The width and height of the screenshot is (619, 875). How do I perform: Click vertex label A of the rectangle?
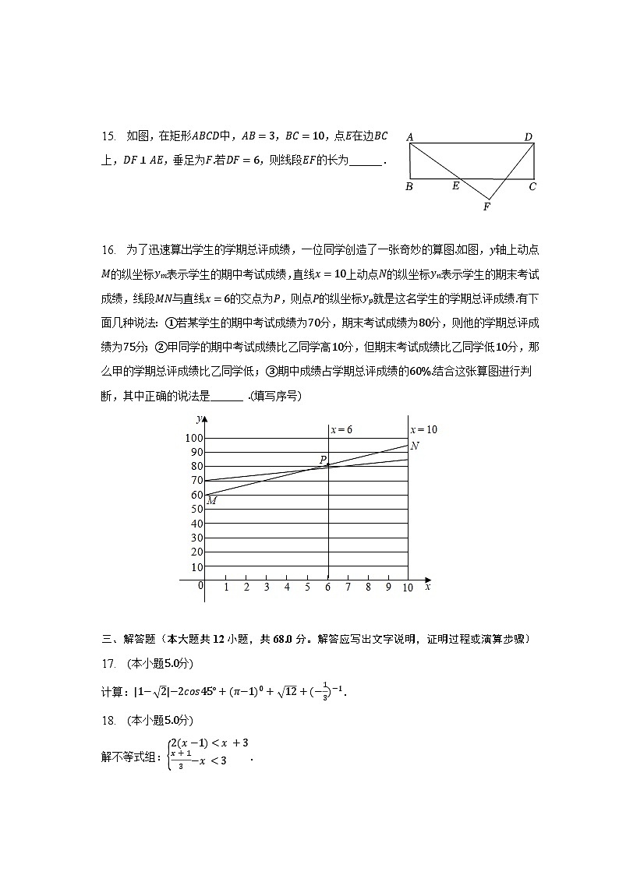click(410, 137)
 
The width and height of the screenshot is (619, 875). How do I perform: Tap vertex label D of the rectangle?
click(528, 137)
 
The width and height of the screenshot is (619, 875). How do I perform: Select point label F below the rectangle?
click(486, 207)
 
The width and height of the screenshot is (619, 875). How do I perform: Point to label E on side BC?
click(455, 187)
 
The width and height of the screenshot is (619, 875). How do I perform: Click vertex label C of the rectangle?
click(532, 187)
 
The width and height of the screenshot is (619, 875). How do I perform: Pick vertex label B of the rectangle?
click(409, 187)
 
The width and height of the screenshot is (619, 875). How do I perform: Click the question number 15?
click(108, 136)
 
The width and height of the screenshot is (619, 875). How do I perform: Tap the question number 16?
click(108, 249)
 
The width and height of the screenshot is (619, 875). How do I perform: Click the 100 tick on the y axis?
click(193, 438)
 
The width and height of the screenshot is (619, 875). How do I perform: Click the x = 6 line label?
click(341, 429)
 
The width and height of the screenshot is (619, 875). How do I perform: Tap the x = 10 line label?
click(424, 429)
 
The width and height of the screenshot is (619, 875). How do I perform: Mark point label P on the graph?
click(322, 460)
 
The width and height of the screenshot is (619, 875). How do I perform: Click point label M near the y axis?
click(211, 501)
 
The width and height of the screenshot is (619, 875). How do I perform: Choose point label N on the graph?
click(415, 446)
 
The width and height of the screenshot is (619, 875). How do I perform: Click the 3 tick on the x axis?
click(267, 587)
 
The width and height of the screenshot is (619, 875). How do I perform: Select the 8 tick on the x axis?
click(368, 587)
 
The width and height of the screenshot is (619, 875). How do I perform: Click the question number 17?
click(108, 663)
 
